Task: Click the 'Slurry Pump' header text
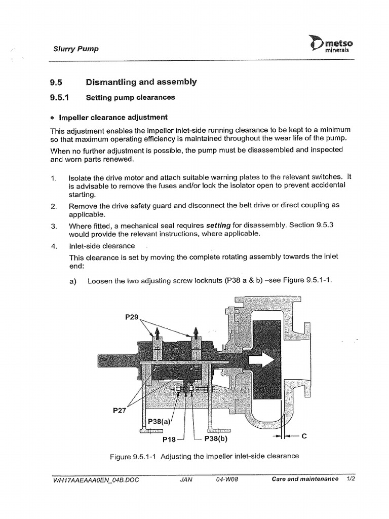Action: (76, 49)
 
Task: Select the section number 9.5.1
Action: (58, 98)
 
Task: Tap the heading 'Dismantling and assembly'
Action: (142, 82)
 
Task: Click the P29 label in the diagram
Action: (131, 317)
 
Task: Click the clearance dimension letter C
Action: (304, 435)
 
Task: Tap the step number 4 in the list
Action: (53, 246)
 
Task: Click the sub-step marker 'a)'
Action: (72, 281)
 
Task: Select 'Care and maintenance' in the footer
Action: (305, 479)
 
